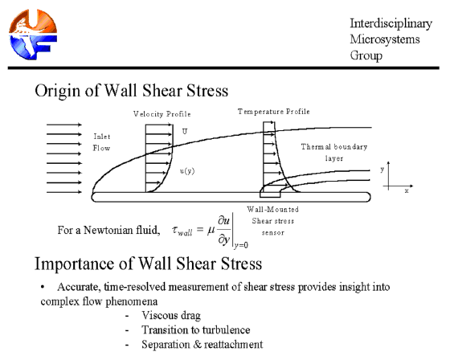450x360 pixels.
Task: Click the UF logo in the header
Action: click(33, 35)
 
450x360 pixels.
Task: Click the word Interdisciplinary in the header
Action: click(391, 23)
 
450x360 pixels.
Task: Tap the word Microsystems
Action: click(385, 39)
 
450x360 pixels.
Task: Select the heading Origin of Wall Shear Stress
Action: click(132, 91)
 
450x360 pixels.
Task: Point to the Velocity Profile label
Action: click(162, 114)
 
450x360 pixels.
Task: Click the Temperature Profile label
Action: click(274, 112)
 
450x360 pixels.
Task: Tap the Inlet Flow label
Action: click(101, 142)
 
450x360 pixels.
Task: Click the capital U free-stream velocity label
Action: click(185, 132)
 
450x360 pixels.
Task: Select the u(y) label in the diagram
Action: click(187, 171)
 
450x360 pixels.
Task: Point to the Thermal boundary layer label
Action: click(334, 153)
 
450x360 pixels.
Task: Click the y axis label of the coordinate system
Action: click(382, 170)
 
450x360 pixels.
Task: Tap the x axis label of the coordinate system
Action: click(407, 191)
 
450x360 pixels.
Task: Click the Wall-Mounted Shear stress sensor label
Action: click(273, 221)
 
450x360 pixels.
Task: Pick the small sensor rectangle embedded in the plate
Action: click(270, 194)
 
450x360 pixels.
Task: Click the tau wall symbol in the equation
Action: click(182, 231)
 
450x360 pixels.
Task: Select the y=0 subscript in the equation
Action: click(241, 245)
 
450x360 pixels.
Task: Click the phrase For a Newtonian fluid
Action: click(108, 231)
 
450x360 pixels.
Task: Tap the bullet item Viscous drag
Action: click(171, 316)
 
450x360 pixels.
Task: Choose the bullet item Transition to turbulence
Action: click(196, 329)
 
